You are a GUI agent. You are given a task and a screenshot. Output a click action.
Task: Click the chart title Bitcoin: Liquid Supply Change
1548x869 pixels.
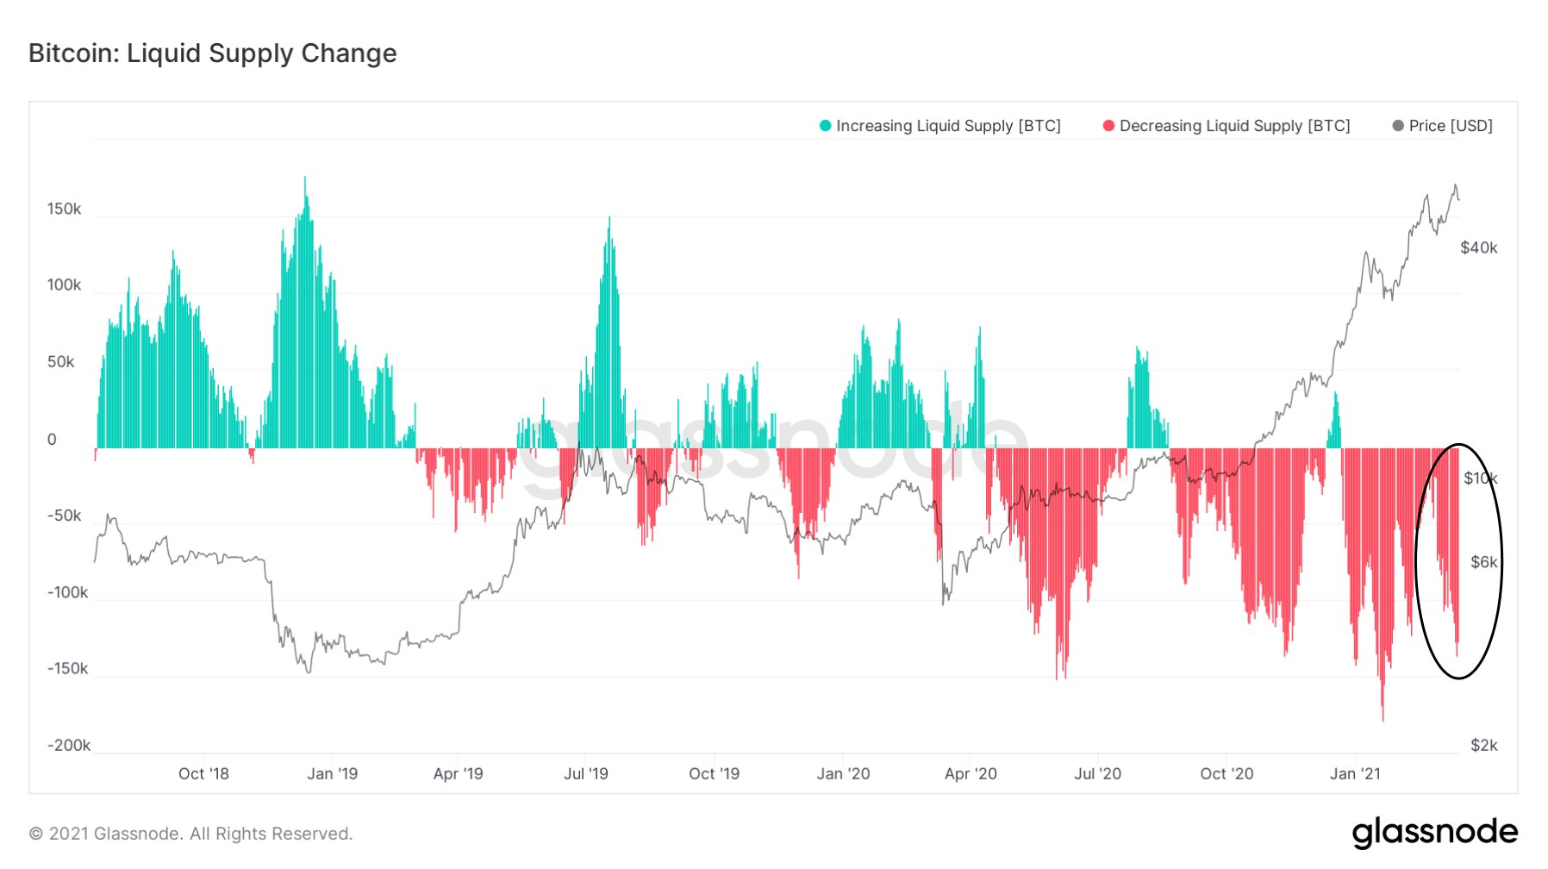(212, 53)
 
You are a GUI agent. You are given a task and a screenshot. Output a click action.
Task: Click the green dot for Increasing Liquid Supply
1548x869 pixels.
(825, 126)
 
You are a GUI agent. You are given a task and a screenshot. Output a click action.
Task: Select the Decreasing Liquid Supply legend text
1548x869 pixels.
(1233, 126)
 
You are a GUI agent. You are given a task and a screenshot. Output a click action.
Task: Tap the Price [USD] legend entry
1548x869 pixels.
(1450, 126)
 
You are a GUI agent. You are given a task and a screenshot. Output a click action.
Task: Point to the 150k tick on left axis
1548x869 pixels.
(64, 209)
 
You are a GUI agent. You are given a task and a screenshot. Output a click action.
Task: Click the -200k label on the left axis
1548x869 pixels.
(68, 746)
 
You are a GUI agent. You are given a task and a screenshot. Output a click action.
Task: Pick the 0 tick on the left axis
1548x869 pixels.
(52, 440)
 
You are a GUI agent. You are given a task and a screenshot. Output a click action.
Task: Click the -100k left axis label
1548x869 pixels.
(67, 592)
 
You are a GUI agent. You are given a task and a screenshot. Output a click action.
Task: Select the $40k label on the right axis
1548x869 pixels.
(1478, 248)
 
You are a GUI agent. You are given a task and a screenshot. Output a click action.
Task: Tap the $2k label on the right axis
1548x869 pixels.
(1483, 746)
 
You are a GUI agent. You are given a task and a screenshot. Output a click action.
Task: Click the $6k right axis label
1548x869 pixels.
(1483, 562)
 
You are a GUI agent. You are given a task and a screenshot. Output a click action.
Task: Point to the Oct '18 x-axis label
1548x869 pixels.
(203, 774)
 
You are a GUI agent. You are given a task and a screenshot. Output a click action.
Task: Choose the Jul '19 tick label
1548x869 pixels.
(585, 774)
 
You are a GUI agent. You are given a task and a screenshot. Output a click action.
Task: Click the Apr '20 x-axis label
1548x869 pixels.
(970, 774)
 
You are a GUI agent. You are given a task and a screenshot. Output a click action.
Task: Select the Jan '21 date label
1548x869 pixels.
(1354, 774)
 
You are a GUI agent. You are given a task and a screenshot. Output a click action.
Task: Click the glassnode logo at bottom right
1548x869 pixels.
(1434, 832)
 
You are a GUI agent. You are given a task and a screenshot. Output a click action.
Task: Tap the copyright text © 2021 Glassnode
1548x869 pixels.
(190, 834)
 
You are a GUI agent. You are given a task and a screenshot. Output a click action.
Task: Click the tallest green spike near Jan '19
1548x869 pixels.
(304, 179)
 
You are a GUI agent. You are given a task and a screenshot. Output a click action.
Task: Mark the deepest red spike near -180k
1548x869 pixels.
(1383, 717)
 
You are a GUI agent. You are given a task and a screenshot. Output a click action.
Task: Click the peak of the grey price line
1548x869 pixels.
(1455, 185)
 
